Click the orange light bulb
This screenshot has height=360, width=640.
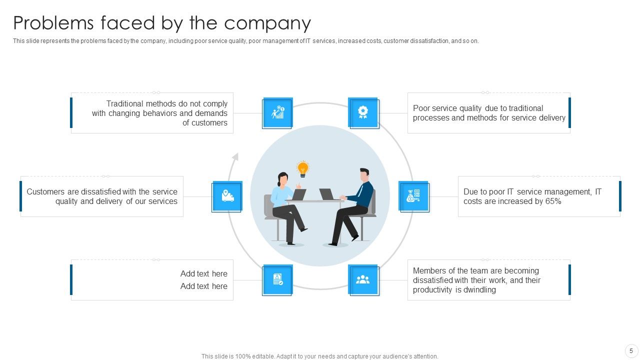302,169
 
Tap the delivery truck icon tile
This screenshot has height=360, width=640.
227,196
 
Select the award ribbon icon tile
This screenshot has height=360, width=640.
363,113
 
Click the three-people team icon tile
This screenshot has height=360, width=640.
363,280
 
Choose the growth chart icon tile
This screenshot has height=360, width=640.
277,113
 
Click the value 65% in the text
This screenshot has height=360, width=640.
553,201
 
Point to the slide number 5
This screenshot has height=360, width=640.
631,350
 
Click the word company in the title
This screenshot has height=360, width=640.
267,23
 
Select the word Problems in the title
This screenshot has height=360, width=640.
53,22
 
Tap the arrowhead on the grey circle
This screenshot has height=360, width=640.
235,156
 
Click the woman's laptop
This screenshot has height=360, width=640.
298,194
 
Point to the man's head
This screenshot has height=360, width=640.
364,175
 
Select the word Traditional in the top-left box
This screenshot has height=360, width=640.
125,103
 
